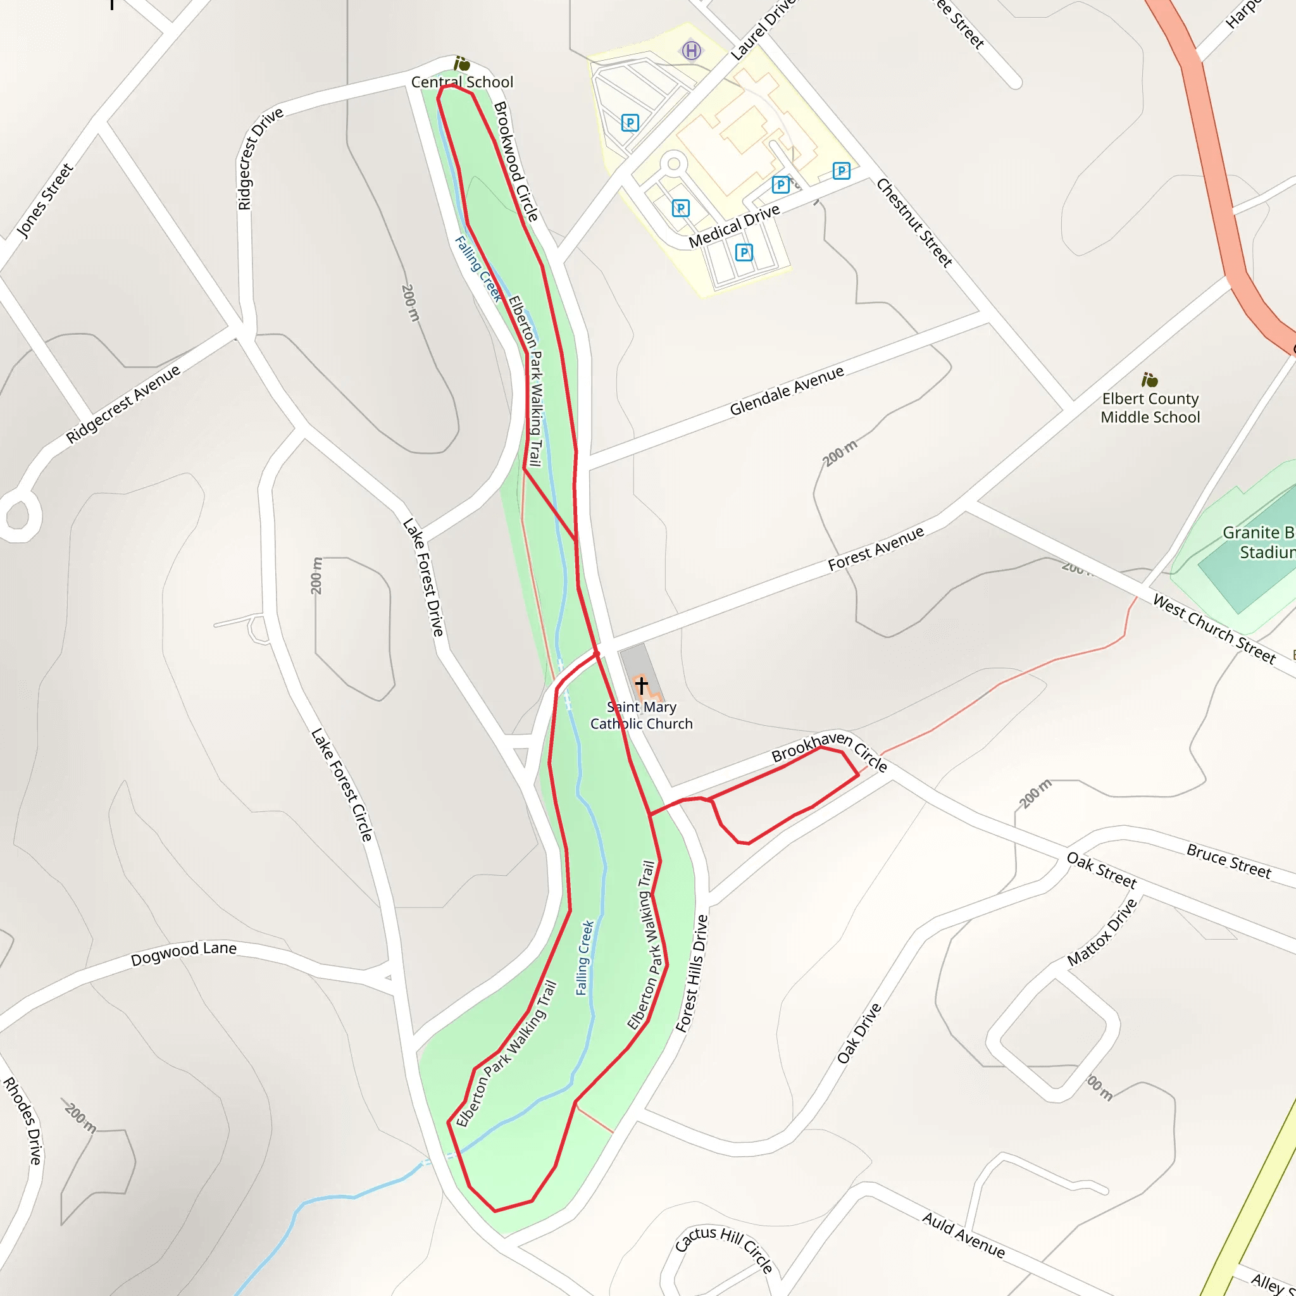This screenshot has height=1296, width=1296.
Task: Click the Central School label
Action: [x=462, y=82]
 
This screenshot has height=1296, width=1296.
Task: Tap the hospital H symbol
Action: [x=692, y=51]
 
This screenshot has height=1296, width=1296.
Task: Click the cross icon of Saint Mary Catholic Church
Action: [x=641, y=685]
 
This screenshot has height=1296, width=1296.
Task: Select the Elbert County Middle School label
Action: [x=1150, y=408]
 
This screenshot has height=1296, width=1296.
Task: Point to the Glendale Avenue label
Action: [x=786, y=391]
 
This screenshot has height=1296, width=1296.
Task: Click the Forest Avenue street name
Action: [x=875, y=549]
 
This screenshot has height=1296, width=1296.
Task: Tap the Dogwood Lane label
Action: [x=184, y=953]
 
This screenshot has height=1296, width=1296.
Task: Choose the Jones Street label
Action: [x=44, y=201]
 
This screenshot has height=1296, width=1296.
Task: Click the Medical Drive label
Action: [x=734, y=226]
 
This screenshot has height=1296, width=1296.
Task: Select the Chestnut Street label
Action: [x=914, y=223]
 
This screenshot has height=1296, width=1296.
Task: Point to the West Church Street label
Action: [x=1214, y=628]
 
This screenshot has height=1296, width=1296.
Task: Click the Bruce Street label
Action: [x=1228, y=861]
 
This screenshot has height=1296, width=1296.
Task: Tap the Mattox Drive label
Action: [x=1102, y=931]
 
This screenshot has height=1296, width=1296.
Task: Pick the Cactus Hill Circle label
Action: [x=725, y=1249]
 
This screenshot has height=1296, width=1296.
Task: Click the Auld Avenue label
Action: [x=963, y=1235]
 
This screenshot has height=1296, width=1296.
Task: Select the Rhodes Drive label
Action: [x=23, y=1120]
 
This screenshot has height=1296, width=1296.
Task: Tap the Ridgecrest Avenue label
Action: [x=123, y=404]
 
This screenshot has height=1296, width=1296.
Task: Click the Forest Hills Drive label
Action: [x=692, y=973]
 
